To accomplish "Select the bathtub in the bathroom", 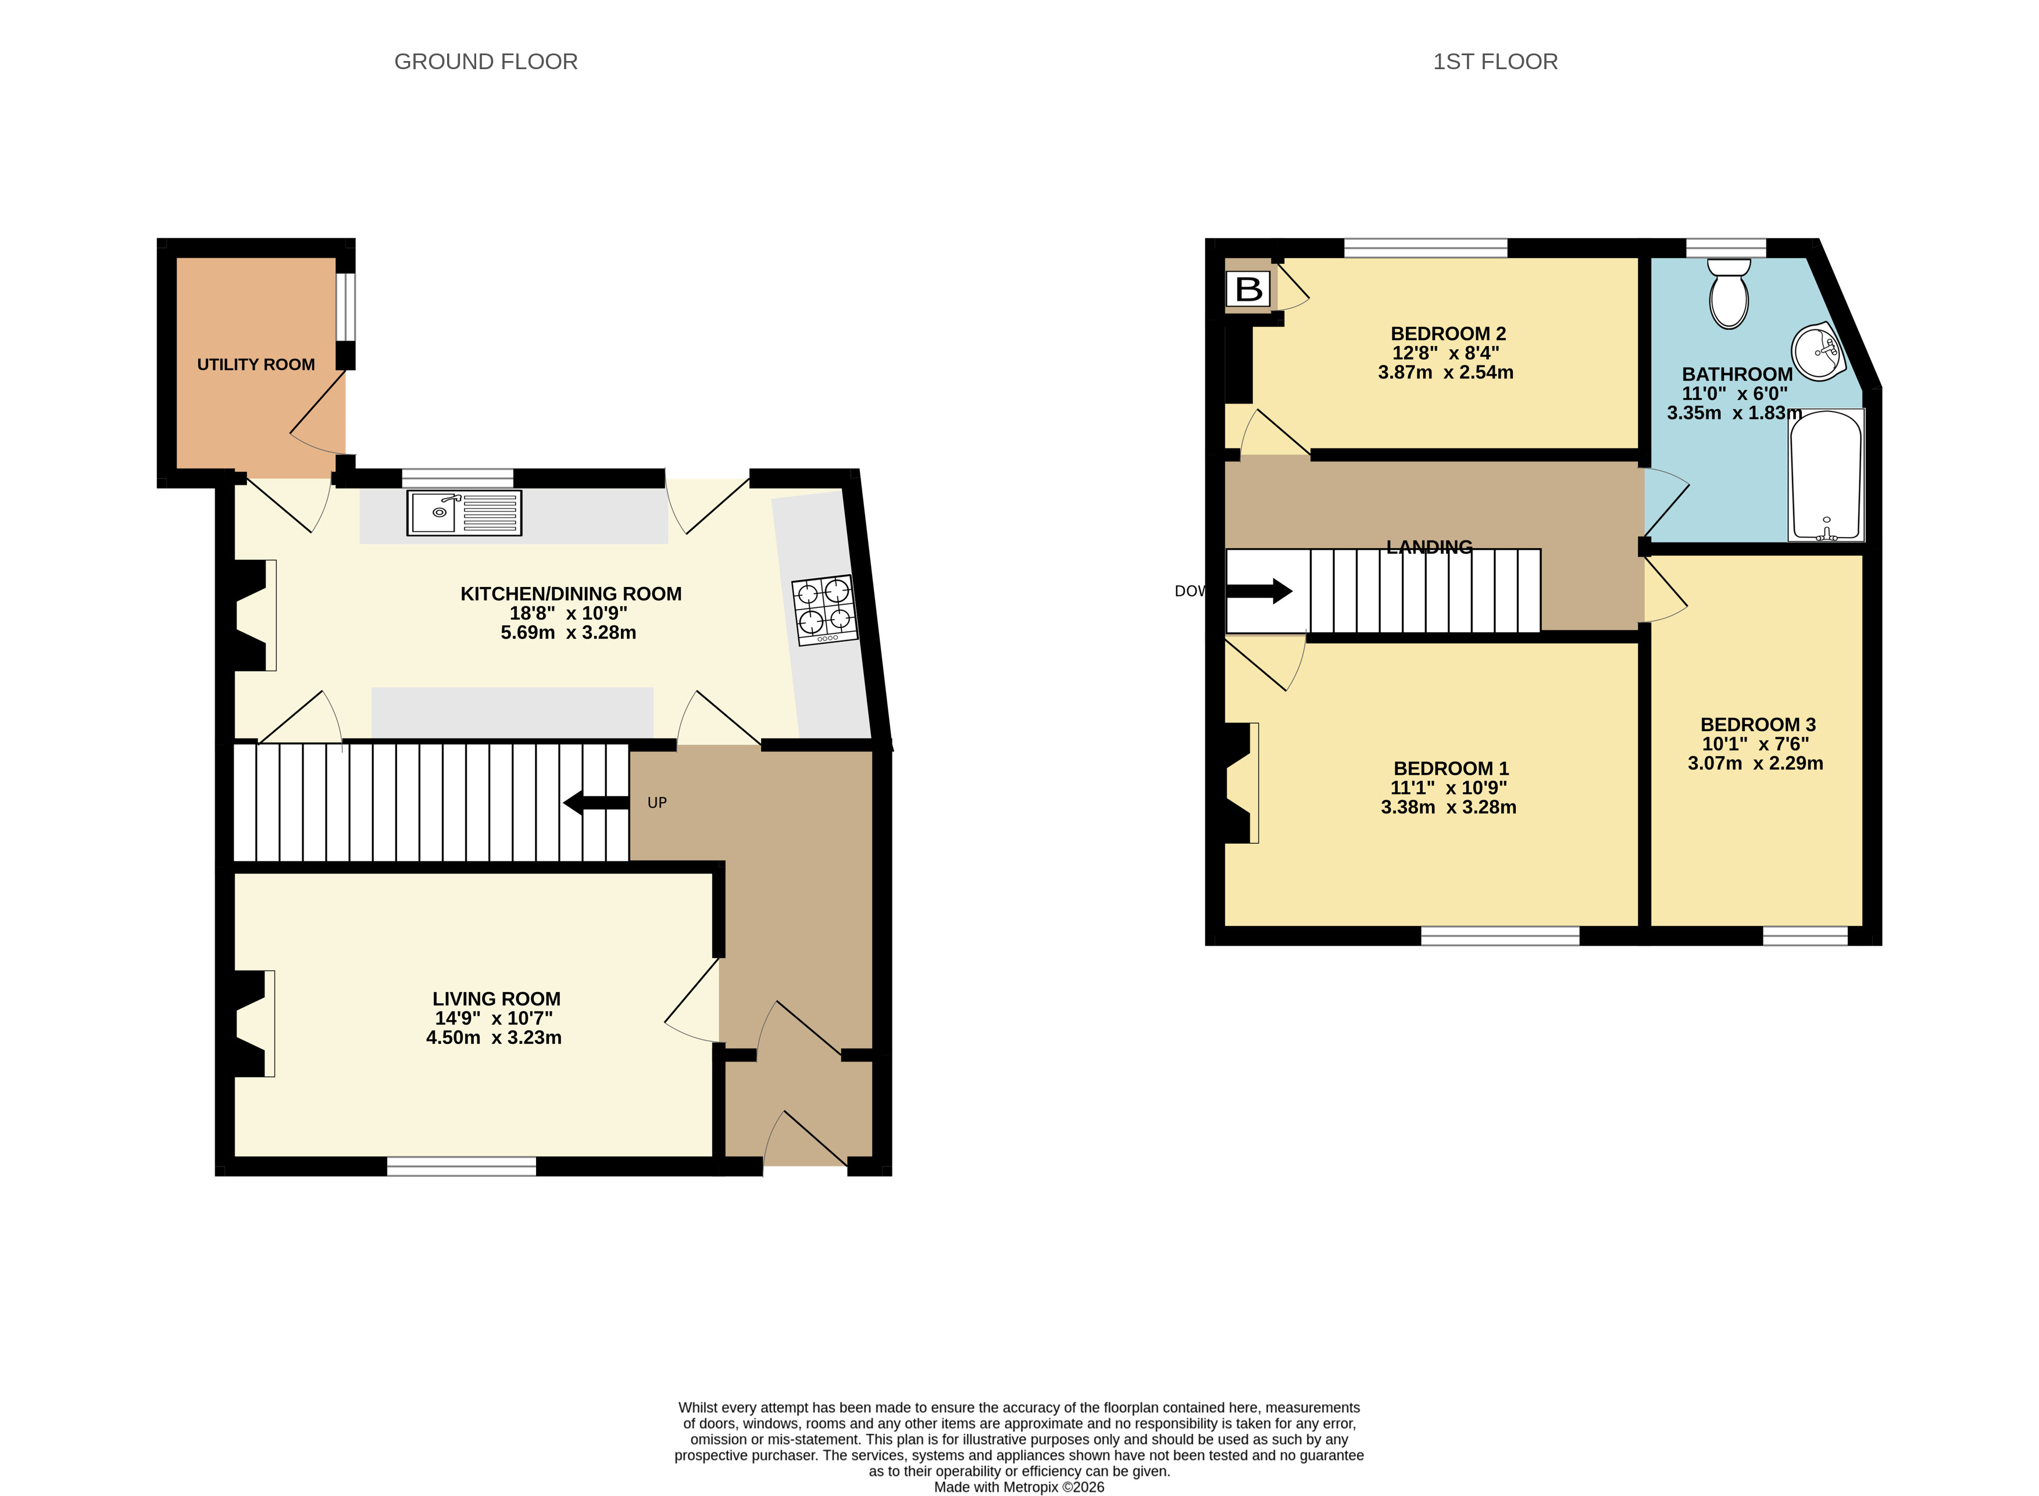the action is coord(1825,475).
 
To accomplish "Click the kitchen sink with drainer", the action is coord(464,513).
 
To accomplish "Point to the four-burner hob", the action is coord(824,610).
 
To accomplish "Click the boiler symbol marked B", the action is coord(1248,289).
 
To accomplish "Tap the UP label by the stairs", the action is coord(657,802).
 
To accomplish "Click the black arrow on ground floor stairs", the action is coord(595,802).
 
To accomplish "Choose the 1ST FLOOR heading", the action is coord(1495,62).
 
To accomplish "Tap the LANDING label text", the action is coord(1429,547).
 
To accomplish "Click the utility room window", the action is coord(346,306).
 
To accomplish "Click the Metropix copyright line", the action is coord(1019,1487).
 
